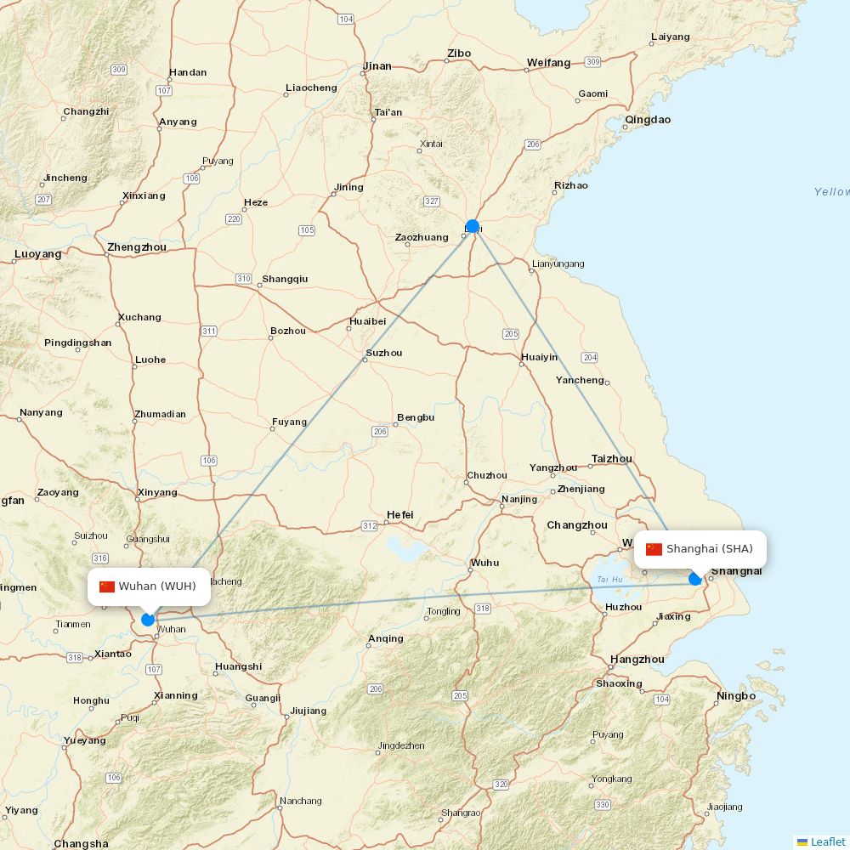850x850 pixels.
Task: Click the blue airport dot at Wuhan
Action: [148, 620]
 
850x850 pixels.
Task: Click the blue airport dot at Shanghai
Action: [695, 579]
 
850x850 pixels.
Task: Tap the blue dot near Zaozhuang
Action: [473, 227]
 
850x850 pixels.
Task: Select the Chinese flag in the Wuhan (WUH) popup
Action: [107, 586]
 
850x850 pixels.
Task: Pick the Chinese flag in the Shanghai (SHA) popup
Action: [654, 549]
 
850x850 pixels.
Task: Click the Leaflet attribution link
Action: [827, 841]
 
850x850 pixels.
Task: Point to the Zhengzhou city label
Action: [137, 247]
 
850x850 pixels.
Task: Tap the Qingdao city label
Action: [648, 120]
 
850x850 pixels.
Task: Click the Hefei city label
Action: [399, 515]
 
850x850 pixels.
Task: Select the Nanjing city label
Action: [519, 499]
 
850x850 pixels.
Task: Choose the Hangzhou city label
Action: [637, 660]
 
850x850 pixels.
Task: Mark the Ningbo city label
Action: [735, 696]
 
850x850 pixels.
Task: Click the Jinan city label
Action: [377, 66]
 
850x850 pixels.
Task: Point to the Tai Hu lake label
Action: [610, 580]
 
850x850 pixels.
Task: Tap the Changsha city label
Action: [81, 844]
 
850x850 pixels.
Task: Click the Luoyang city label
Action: [38, 254]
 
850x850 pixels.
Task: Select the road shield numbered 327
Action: [432, 201]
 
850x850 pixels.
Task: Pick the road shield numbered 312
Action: [369, 526]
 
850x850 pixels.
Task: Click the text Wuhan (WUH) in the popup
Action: [157, 586]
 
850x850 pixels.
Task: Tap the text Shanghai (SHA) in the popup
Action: [709, 549]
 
